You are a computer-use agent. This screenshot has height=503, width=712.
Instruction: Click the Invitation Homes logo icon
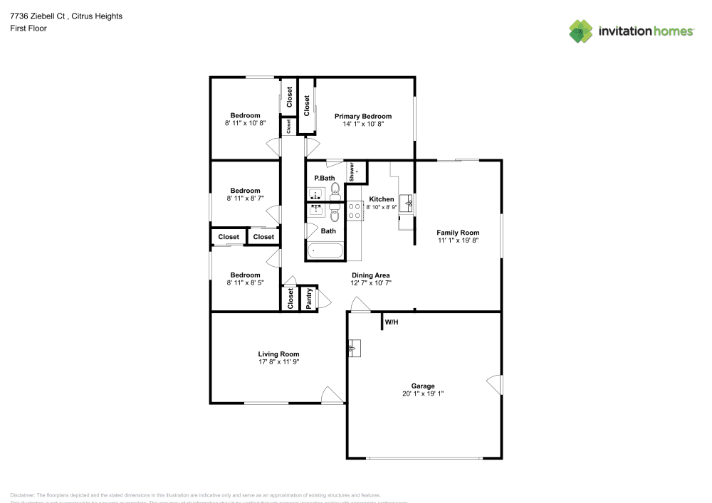click(581, 31)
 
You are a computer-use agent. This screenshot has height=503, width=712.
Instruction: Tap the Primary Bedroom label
click(363, 116)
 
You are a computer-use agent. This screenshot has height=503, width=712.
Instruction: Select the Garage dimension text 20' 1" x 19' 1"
click(423, 393)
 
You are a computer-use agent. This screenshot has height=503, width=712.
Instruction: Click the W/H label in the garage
click(391, 323)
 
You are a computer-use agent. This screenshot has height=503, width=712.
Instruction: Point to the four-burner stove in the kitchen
click(354, 211)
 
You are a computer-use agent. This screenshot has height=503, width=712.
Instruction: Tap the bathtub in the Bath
click(325, 251)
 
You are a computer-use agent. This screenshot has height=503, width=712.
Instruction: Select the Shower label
click(352, 172)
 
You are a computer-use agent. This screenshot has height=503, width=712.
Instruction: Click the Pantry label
click(309, 299)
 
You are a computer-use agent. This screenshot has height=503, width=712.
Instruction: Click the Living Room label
click(278, 354)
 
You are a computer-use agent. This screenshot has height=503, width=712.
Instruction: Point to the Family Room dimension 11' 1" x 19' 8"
click(458, 240)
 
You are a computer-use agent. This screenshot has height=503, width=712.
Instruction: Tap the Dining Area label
click(370, 275)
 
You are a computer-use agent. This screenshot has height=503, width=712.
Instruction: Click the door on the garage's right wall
click(494, 384)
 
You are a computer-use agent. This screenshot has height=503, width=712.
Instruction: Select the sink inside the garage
click(355, 349)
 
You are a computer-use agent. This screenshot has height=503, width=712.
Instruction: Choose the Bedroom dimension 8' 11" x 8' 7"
click(245, 198)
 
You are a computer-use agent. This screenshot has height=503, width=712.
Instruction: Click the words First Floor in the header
click(28, 28)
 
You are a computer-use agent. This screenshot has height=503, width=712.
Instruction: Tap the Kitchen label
click(381, 199)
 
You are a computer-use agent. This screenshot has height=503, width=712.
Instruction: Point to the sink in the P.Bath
click(315, 194)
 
